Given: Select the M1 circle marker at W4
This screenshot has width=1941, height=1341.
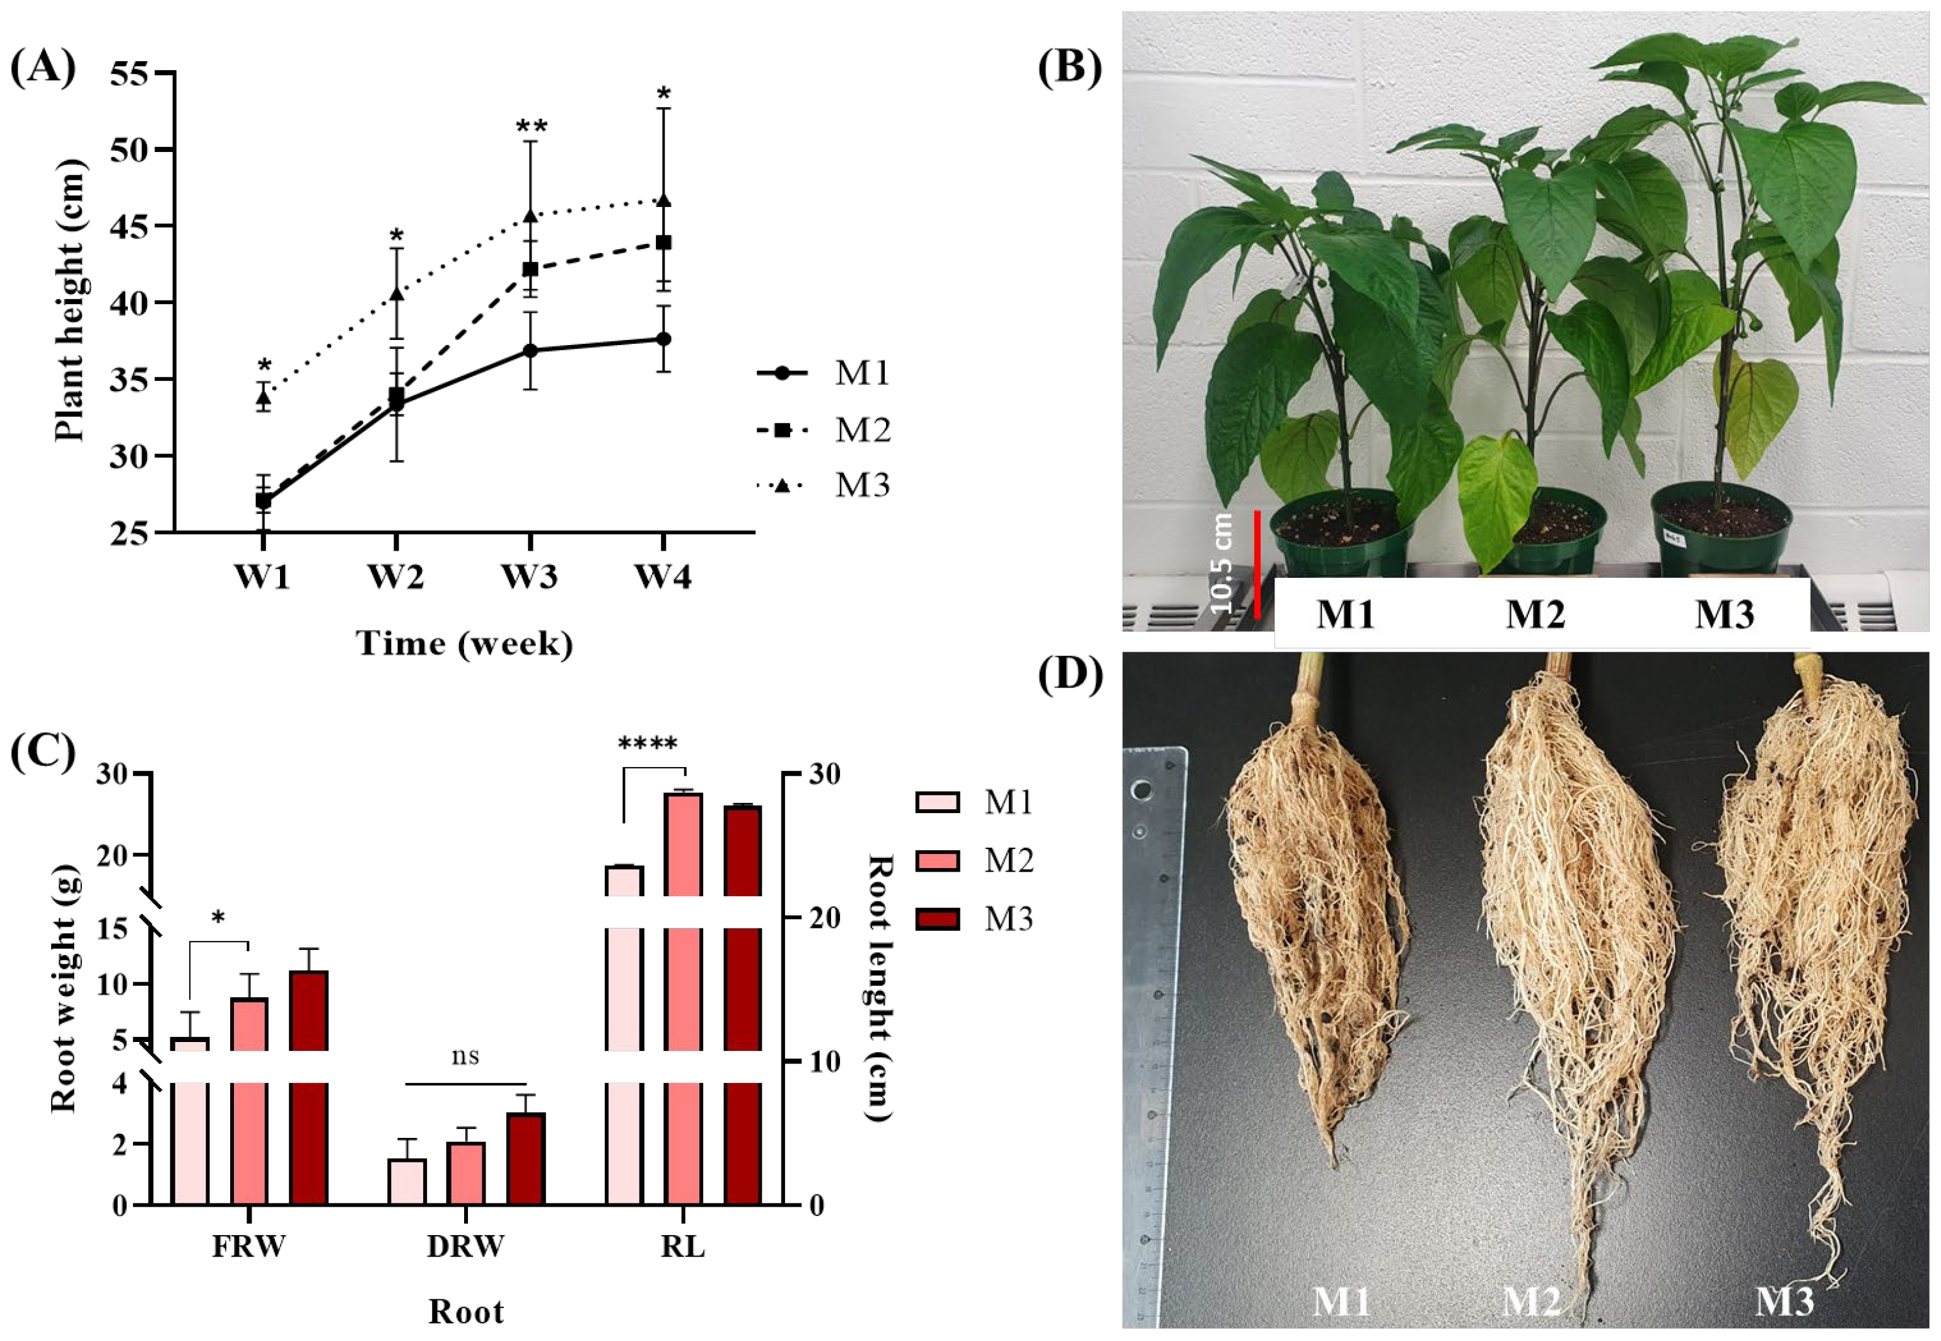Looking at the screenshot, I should tap(663, 339).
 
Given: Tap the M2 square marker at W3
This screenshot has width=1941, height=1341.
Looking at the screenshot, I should tap(530, 269).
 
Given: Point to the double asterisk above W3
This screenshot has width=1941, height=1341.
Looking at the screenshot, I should tap(531, 127).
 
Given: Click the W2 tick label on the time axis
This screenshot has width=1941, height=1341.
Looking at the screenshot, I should tap(395, 578).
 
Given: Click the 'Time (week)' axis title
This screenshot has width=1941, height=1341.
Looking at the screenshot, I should tap(465, 643).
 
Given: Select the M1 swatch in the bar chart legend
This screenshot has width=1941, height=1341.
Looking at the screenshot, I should tap(936, 802).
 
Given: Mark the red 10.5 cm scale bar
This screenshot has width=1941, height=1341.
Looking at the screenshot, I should tap(1257, 564).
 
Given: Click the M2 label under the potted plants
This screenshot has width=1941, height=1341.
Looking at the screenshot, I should tap(1534, 614).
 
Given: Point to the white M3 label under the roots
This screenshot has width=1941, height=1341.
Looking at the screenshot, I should tap(1785, 1301).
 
